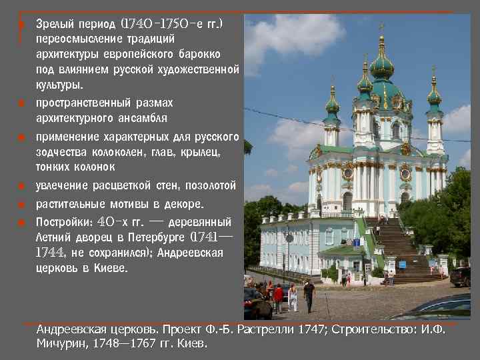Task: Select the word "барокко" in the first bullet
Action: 202,54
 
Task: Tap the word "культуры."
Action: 60,85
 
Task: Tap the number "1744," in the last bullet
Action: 51,253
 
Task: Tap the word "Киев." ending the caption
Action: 193,344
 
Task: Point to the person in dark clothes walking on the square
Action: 309,294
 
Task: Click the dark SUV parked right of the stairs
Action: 461,276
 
